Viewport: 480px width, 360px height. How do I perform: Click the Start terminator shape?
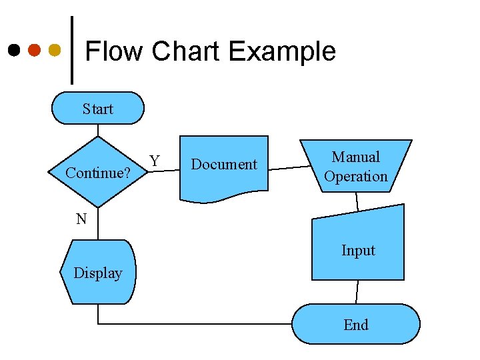[97, 108]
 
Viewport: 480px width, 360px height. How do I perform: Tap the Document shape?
[223, 167]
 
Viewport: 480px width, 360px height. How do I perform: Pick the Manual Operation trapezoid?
[355, 166]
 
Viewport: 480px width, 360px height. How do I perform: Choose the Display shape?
[97, 272]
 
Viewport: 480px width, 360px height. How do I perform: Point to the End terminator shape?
[355, 324]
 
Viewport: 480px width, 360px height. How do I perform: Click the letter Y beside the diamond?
[155, 161]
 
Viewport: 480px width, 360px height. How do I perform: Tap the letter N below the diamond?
[81, 219]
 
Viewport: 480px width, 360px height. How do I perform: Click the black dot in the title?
[14, 50]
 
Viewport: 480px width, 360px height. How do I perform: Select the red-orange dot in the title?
[35, 50]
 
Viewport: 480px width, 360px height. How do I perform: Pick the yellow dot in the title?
[55, 50]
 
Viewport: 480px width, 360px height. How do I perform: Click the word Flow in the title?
[114, 51]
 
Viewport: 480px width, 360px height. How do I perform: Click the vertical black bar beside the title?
[71, 50]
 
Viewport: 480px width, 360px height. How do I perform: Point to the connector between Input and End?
[357, 291]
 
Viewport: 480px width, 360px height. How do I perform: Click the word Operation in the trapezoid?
[355, 177]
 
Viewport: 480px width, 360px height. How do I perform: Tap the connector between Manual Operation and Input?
[357, 200]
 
